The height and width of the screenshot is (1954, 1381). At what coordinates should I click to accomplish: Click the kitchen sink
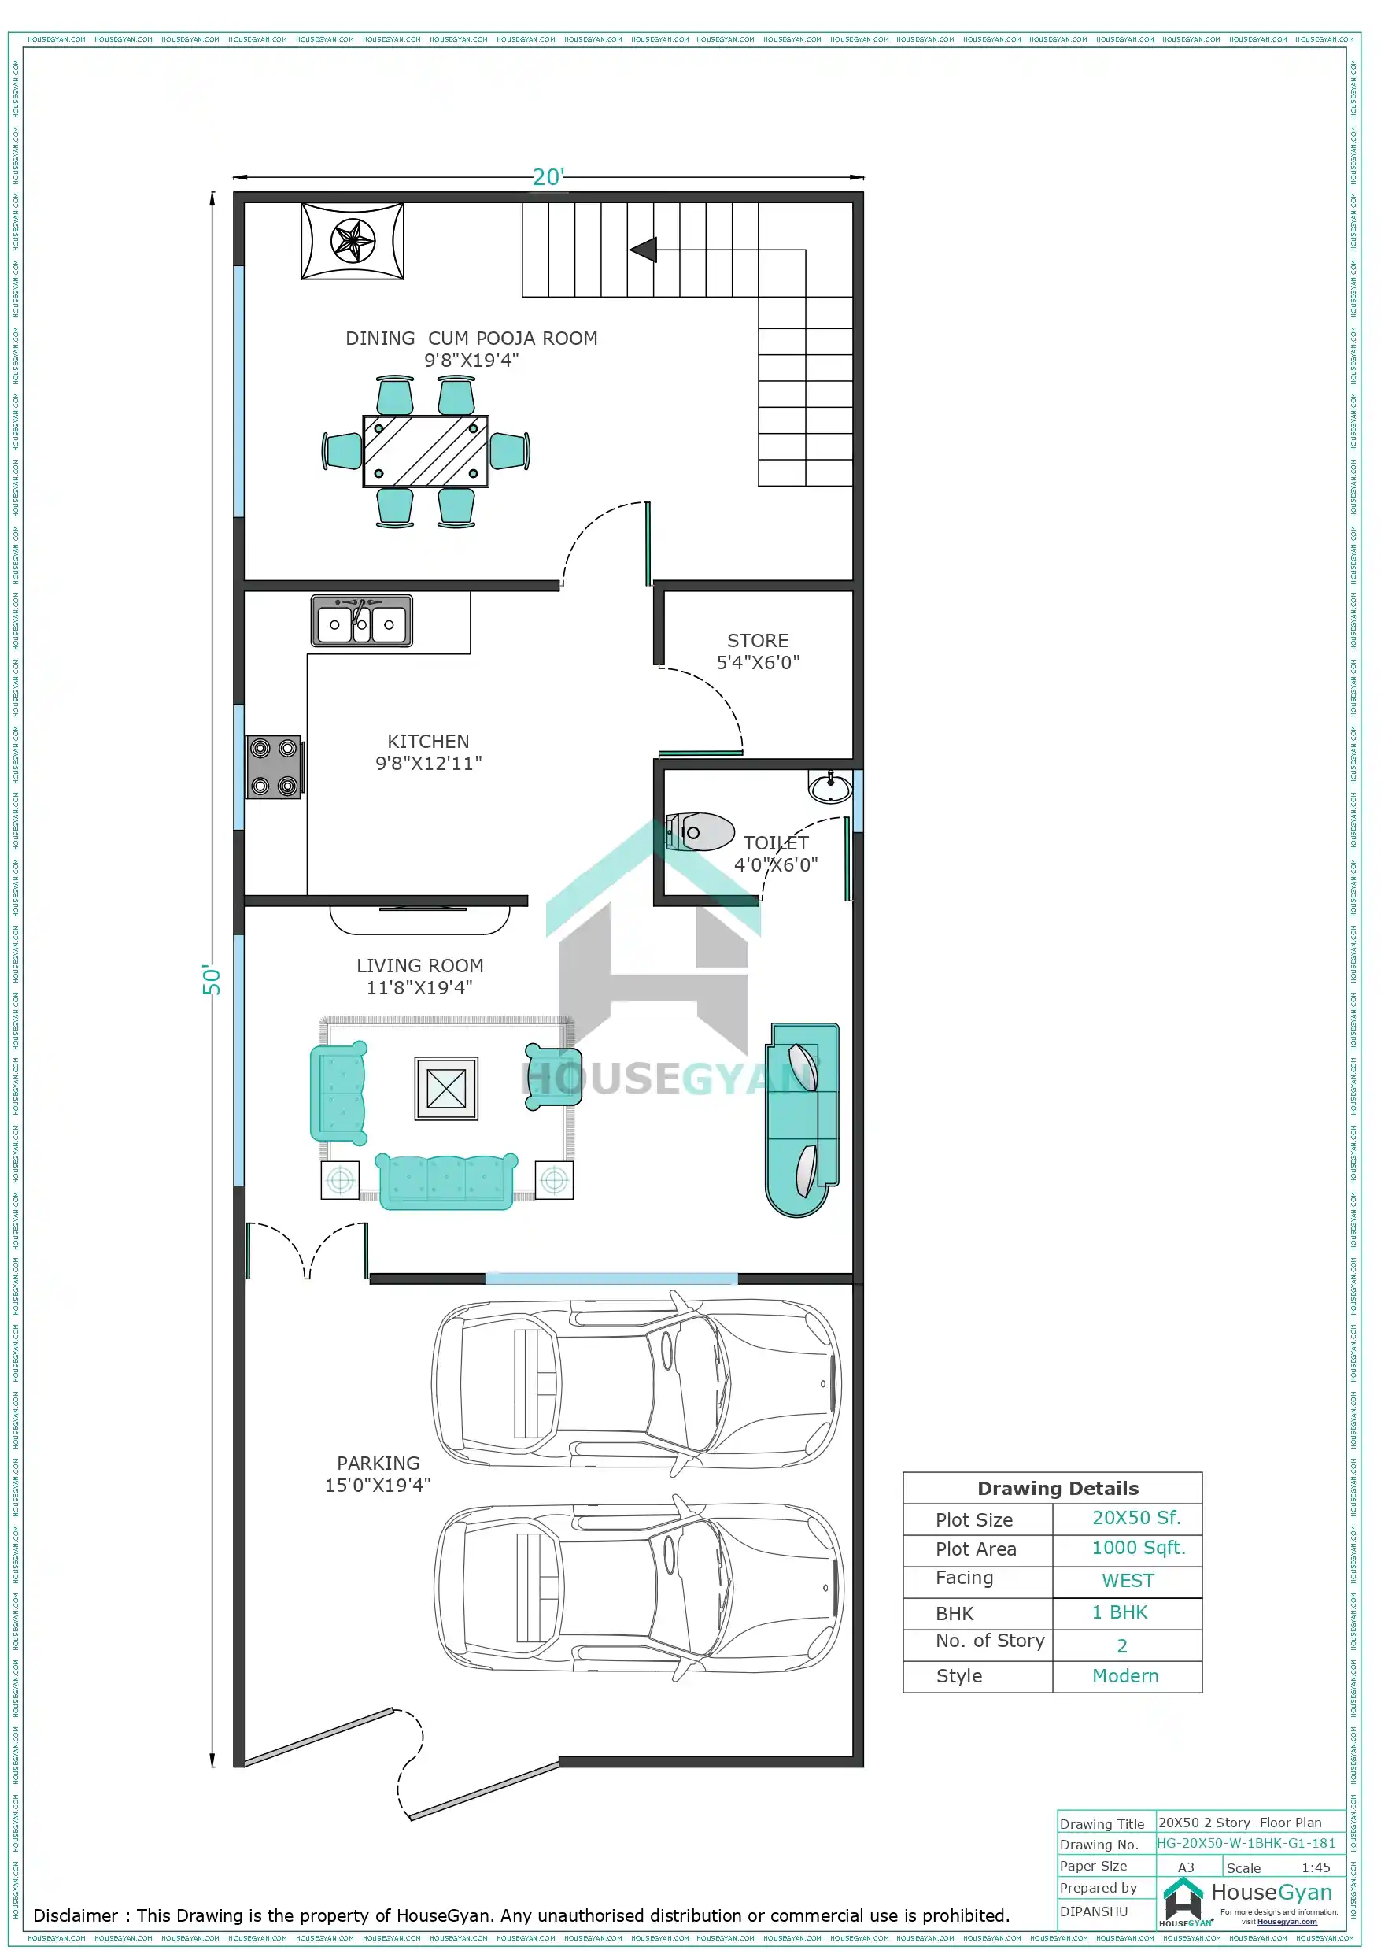[362, 621]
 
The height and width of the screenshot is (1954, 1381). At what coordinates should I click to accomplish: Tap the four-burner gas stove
[273, 767]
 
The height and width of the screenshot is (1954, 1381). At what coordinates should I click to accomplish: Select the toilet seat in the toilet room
[700, 831]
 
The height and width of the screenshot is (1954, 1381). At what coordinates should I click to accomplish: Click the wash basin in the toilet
[829, 787]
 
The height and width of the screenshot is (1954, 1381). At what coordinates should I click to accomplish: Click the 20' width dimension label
[548, 177]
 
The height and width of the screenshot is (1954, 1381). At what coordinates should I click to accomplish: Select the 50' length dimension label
[211, 979]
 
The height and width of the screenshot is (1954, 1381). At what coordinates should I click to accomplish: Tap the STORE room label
[757, 641]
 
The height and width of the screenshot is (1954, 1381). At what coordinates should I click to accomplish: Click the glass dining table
[426, 451]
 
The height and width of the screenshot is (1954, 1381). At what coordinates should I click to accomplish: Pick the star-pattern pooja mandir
[353, 241]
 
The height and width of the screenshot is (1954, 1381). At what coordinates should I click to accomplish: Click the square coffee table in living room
[446, 1089]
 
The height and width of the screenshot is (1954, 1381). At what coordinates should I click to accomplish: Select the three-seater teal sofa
[446, 1180]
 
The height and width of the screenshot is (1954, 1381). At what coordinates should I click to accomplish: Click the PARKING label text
[378, 1463]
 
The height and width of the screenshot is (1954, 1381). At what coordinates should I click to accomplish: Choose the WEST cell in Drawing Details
[1128, 1580]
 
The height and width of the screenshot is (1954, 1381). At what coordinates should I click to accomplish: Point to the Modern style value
[1125, 1676]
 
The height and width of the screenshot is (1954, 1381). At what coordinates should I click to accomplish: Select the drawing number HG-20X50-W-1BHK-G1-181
[1246, 1842]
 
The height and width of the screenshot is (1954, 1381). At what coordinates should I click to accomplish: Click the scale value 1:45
[1315, 1867]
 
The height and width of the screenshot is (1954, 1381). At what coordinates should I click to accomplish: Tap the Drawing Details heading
[1058, 1489]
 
